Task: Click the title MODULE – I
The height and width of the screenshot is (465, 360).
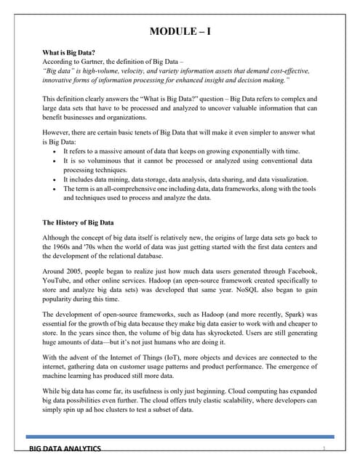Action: click(x=180, y=31)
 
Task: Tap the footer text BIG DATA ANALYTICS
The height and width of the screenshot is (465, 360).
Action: click(x=65, y=450)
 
